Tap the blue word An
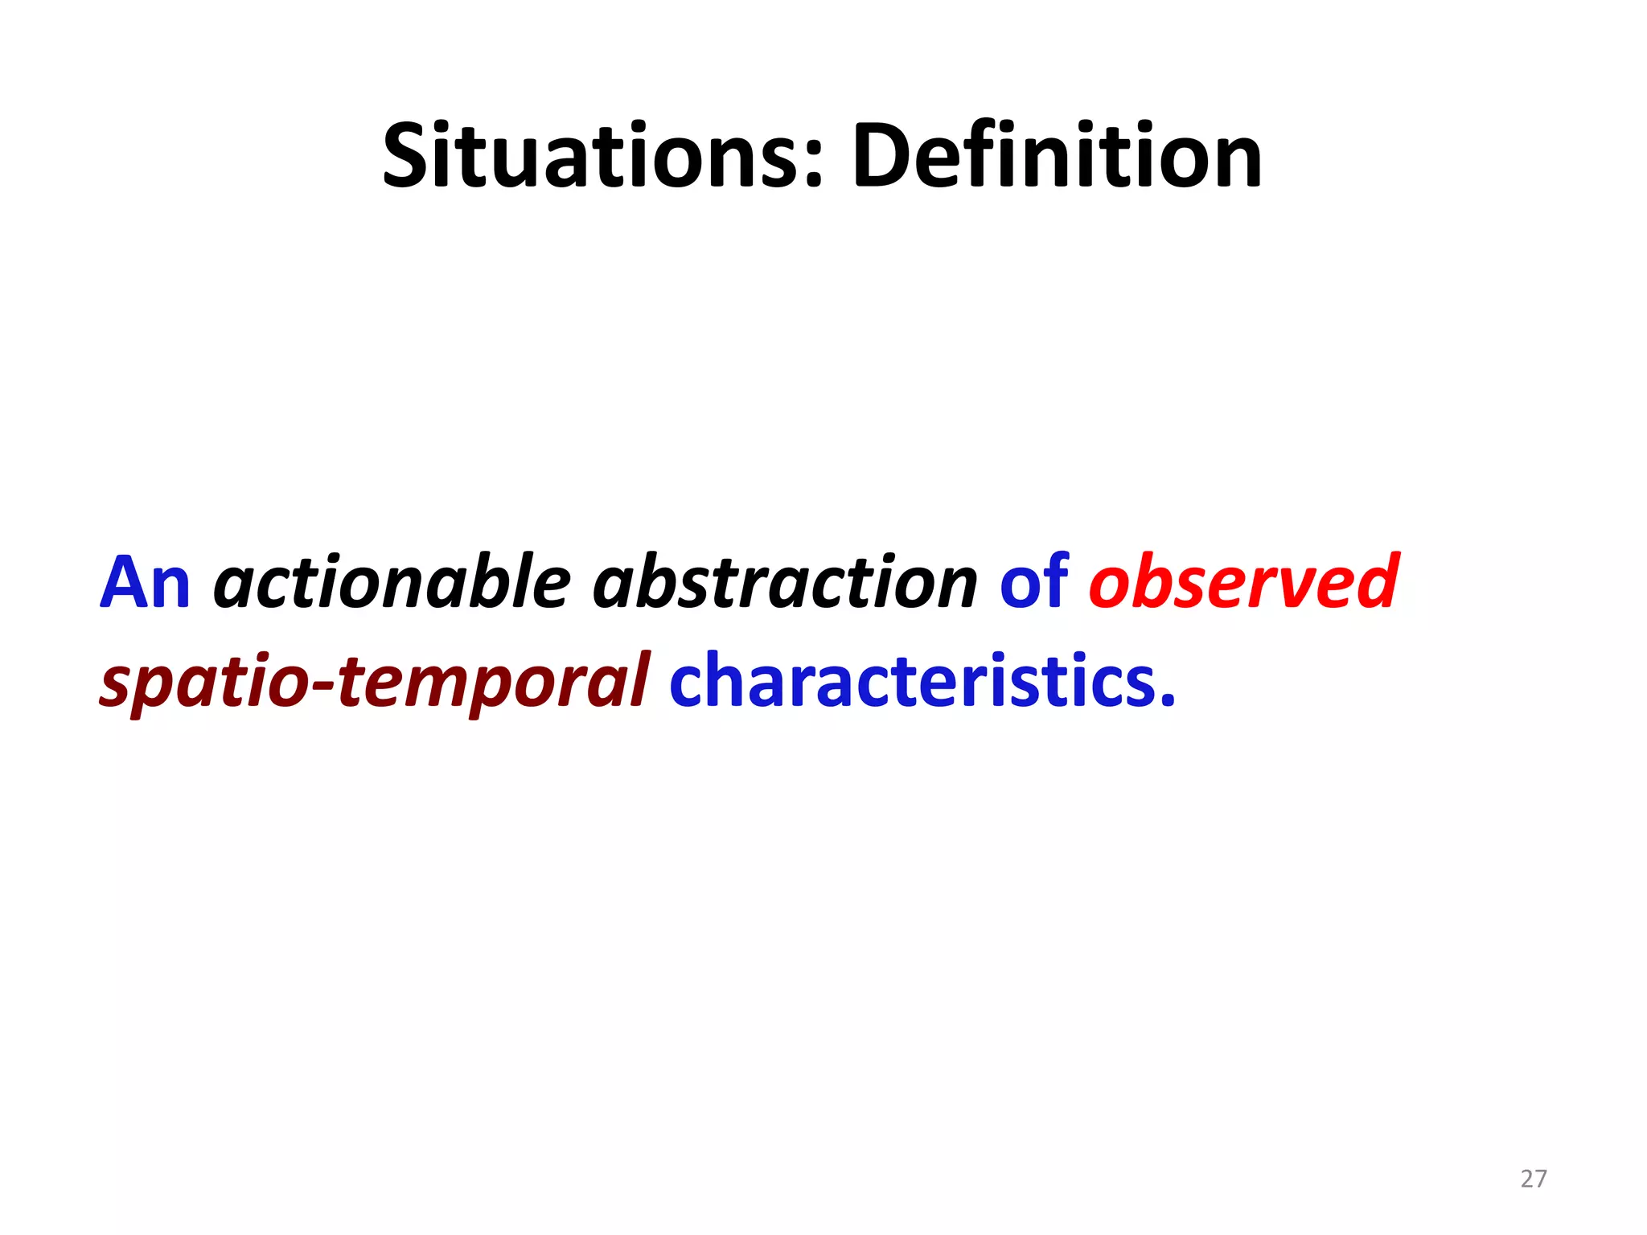point(145,582)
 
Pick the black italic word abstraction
point(785,582)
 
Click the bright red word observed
point(1243,582)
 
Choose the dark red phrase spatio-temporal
point(375,682)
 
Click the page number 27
point(1534,1179)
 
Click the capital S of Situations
point(407,157)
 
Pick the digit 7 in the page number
point(1541,1179)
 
